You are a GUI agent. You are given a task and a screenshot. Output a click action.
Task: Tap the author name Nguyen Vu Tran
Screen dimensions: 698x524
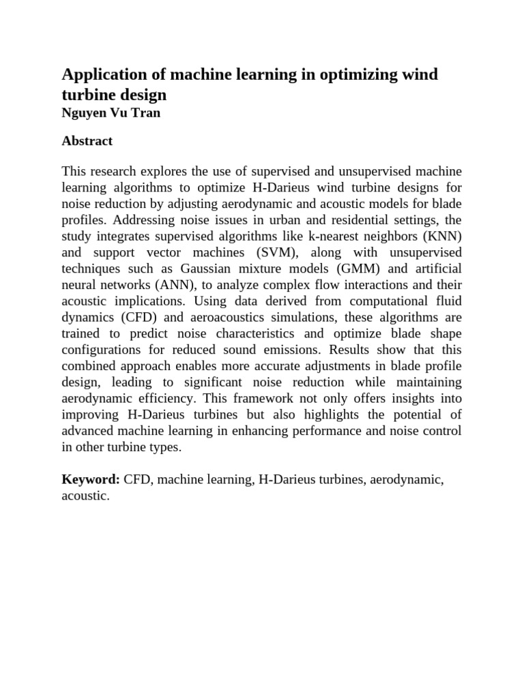(x=111, y=113)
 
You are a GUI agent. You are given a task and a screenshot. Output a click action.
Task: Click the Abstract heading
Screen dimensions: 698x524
(x=87, y=141)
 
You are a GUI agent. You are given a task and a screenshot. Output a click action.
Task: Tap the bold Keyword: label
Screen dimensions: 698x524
(x=91, y=480)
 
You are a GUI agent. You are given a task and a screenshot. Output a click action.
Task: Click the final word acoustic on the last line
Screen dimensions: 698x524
(x=84, y=496)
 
